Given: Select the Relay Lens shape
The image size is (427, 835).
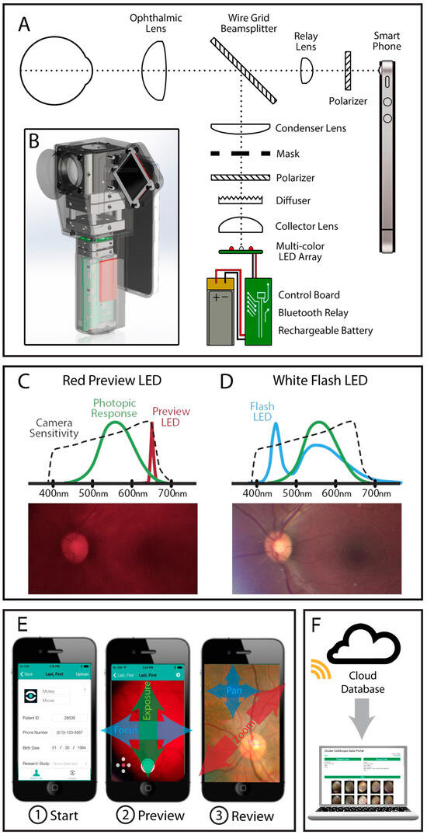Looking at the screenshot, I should coord(308,68).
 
